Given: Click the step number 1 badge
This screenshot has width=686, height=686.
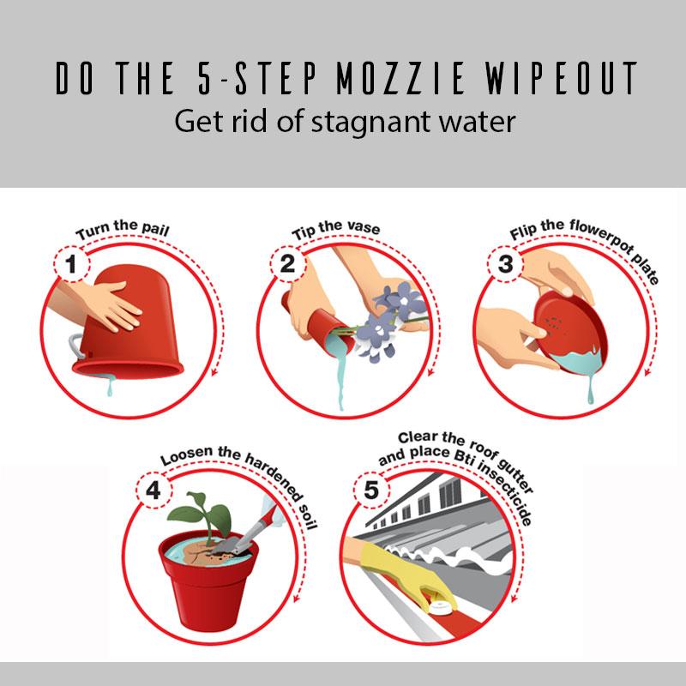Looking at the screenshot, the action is pyautogui.click(x=71, y=264).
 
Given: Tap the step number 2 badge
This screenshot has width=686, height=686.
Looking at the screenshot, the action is pyautogui.click(x=287, y=264).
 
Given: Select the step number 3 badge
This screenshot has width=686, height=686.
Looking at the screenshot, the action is pyautogui.click(x=505, y=264).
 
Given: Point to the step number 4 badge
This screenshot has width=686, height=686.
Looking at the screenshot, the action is pyautogui.click(x=153, y=490).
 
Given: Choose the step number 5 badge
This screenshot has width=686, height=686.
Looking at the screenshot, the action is pyautogui.click(x=371, y=490).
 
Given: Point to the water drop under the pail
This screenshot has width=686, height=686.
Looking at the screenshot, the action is pyautogui.click(x=110, y=388).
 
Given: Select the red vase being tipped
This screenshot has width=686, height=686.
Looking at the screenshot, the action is pyautogui.click(x=319, y=324).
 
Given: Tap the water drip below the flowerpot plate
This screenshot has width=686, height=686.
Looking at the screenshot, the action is pyautogui.click(x=591, y=388).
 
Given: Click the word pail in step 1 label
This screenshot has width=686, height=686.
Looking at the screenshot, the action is pyautogui.click(x=156, y=230).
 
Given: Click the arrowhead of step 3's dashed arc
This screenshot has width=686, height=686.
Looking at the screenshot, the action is pyautogui.click(x=648, y=372).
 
